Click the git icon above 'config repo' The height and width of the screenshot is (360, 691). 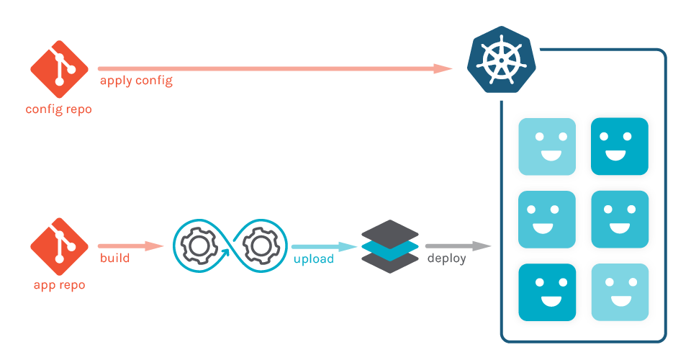[59, 69]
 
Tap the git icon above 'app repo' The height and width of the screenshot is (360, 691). [59, 246]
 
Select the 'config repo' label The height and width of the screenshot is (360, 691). [59, 109]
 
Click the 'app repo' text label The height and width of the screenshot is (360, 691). [59, 284]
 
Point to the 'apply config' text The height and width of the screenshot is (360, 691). [136, 81]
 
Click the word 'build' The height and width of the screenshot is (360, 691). [115, 258]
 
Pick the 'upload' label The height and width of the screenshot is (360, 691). [313, 258]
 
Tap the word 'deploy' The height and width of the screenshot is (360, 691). [446, 258]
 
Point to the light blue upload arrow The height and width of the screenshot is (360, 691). [324, 246]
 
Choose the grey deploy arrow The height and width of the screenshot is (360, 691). [458, 246]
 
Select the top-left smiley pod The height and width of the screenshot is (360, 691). [547, 146]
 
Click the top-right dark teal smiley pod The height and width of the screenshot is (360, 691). [620, 146]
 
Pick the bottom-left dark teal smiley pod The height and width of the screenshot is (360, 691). [547, 292]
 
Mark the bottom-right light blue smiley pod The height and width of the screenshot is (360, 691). [620, 292]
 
